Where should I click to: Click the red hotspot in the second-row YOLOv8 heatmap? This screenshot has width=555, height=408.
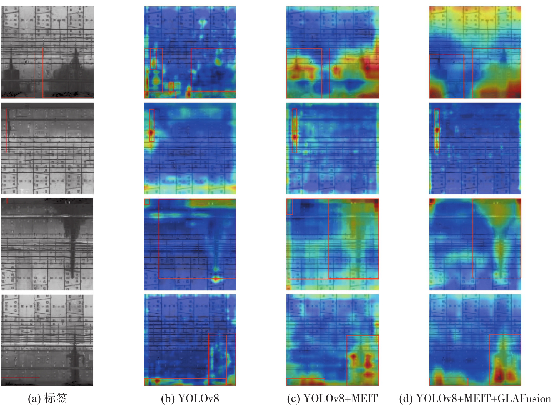[151, 133]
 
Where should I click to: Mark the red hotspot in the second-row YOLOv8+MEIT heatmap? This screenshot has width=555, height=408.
[295, 137]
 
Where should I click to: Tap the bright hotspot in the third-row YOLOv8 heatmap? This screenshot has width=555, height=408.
[216, 279]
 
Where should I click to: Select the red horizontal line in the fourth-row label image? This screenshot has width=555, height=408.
[20, 377]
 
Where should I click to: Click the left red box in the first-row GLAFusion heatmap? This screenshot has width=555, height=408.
[446, 55]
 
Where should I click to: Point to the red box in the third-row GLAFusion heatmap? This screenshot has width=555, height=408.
[473, 238]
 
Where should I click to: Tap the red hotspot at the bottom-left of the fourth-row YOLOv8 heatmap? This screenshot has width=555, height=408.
[156, 380]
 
